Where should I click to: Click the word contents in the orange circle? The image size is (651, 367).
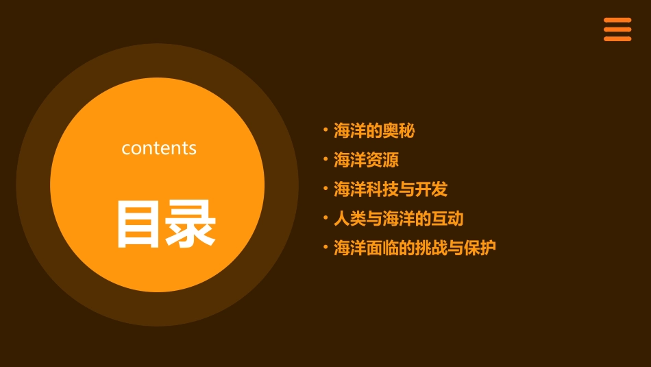tap(159, 148)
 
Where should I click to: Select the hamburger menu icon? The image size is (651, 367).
tap(617, 29)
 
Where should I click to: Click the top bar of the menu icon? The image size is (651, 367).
tap(617, 21)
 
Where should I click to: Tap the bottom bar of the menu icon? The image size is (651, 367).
tap(617, 38)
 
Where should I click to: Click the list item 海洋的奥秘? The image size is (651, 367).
tap(374, 130)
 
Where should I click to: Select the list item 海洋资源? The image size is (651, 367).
tap(366, 161)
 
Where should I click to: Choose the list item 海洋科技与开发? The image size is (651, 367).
tap(391, 189)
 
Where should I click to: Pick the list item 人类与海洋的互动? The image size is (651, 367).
tap(398, 219)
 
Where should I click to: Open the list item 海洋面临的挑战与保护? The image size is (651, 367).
tap(415, 248)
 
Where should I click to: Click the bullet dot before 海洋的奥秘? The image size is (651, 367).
tap(325, 129)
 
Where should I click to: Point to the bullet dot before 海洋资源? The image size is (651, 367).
tap(325, 159)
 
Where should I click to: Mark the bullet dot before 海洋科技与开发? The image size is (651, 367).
tap(325, 188)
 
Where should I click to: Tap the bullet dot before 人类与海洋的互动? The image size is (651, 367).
tap(325, 217)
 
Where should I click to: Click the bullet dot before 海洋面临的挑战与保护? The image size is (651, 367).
tap(325, 246)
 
